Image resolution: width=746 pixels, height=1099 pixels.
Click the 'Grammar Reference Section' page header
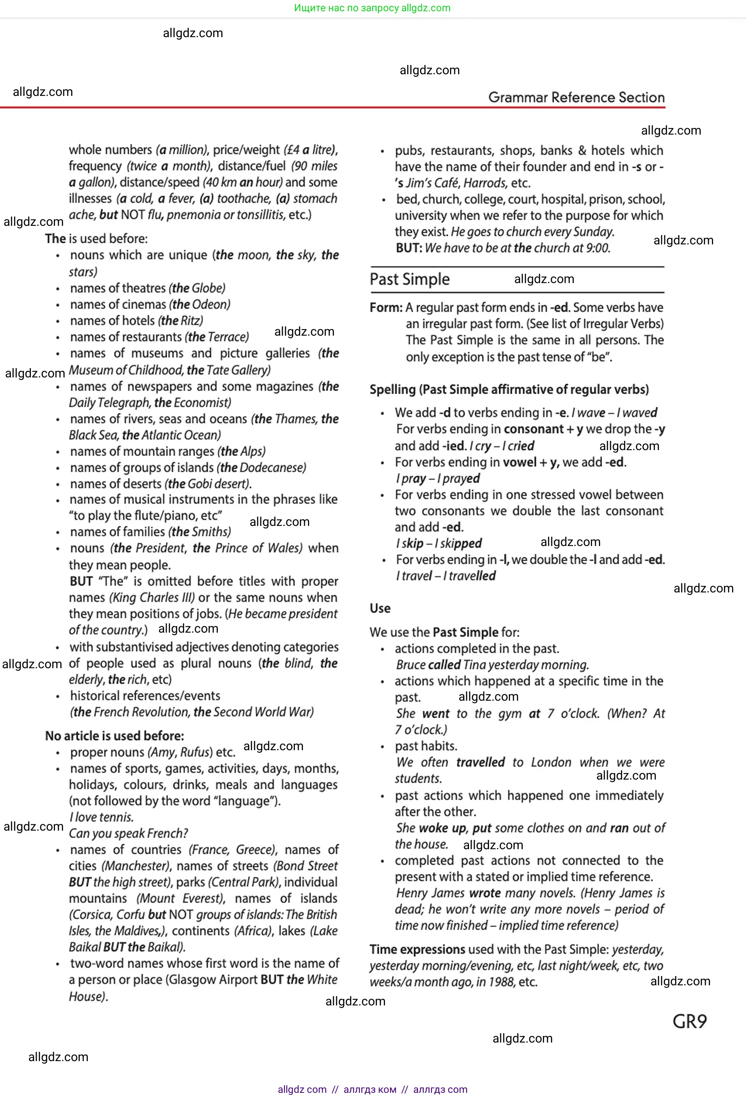pos(576,97)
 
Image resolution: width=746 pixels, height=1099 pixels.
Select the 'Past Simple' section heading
pos(409,280)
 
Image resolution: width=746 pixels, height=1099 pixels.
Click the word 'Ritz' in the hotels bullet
pos(191,321)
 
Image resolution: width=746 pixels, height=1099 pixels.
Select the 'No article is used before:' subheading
pos(115,736)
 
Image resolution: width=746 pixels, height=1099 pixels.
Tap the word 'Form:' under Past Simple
pos(386,308)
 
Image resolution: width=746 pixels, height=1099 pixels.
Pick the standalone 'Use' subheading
pos(380,609)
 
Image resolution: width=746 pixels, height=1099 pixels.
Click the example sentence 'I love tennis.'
pos(101,817)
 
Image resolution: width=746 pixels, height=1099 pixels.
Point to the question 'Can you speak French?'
pos(128,833)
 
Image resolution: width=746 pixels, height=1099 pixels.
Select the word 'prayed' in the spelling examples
pos(460,479)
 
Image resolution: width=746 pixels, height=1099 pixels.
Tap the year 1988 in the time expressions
pos(501,982)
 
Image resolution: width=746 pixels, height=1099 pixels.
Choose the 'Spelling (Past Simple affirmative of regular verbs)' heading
pos(509,390)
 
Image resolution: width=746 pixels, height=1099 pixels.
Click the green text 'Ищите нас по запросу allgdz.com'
pos(372,8)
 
